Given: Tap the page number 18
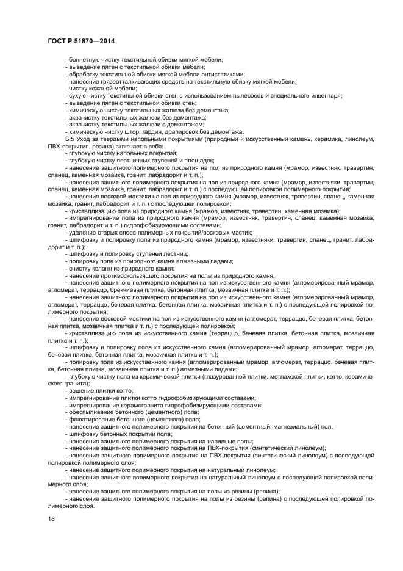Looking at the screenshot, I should [x=51, y=518].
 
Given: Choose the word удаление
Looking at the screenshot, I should [x=82, y=233].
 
